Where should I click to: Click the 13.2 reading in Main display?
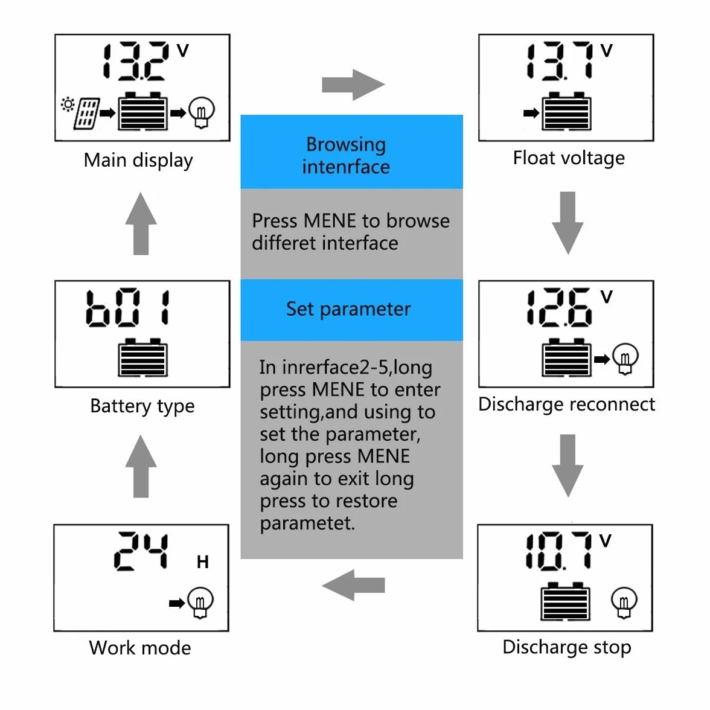[x=136, y=62]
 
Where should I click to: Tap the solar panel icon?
[x=86, y=114]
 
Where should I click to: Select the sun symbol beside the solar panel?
[x=68, y=104]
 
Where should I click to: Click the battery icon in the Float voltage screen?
[x=566, y=111]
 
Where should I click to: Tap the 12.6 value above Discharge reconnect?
[x=560, y=307]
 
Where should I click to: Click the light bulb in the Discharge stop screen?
[x=624, y=603]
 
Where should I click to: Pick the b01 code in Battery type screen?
[x=128, y=308]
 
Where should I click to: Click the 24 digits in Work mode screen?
[x=141, y=551]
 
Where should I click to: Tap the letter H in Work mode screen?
[x=202, y=562]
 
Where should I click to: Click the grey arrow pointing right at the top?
[x=353, y=85]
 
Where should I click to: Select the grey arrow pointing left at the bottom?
[x=353, y=585]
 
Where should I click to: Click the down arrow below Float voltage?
[x=568, y=223]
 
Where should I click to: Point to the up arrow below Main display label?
[x=141, y=223]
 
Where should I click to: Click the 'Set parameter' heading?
[x=348, y=309]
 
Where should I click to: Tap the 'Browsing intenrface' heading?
[x=346, y=155]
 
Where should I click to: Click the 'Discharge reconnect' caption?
[x=566, y=404]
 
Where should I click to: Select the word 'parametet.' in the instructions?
[x=307, y=523]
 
